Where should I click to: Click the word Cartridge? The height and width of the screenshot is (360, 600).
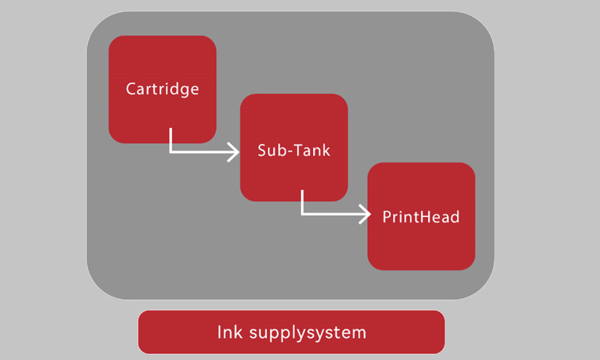[162, 89]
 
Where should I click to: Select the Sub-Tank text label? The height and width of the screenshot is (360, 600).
[294, 150]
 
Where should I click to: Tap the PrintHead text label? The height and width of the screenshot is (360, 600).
[421, 216]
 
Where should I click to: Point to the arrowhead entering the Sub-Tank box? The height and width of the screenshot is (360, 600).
[233, 152]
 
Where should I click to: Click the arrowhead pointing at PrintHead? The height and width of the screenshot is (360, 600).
[365, 213]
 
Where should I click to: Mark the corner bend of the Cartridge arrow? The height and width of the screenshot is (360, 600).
[171, 152]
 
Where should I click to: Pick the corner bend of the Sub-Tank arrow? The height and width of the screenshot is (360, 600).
[302, 213]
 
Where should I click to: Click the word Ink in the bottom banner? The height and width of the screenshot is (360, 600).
[228, 332]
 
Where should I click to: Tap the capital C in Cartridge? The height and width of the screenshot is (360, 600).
[131, 89]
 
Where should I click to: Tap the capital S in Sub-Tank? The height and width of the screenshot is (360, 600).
[262, 150]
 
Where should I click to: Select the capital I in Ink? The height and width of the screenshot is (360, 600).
[219, 331]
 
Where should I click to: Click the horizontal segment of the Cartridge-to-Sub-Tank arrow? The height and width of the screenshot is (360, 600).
[201, 152]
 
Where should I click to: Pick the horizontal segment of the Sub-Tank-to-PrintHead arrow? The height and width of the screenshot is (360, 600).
[333, 213]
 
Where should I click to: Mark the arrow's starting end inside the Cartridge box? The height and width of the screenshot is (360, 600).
[171, 130]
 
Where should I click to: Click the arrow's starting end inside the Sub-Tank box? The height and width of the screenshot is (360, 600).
[302, 192]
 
